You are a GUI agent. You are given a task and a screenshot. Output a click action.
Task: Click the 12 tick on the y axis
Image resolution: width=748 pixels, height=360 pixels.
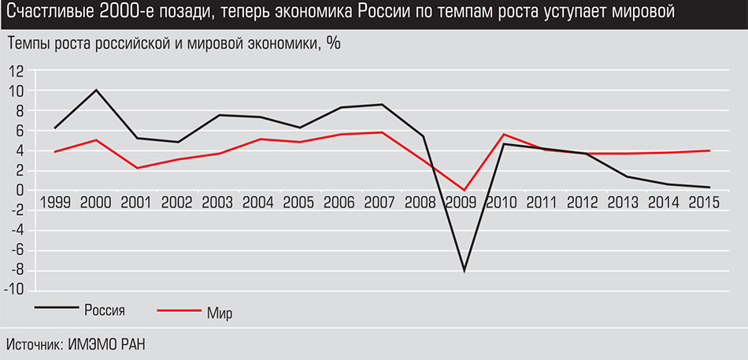tap(17, 70)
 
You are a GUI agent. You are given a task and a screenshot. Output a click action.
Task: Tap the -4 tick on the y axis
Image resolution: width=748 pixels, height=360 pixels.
tap(17, 231)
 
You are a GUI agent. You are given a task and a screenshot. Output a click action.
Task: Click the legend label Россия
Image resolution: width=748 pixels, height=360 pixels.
tap(106, 308)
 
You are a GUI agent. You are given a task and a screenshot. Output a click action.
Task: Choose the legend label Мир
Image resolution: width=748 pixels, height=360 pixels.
tap(220, 314)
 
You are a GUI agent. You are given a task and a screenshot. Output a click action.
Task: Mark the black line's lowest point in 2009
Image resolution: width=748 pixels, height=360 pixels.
tap(465, 270)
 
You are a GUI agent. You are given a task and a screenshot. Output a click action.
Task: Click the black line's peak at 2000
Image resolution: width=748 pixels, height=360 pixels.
tap(95, 90)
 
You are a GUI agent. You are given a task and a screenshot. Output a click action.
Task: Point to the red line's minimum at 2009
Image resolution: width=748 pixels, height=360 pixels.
tap(465, 190)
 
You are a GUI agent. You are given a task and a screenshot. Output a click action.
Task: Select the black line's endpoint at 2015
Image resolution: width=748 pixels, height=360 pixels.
tap(710, 187)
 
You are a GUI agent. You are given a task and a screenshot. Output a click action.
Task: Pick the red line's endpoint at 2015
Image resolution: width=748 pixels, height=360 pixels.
tap(710, 150)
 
